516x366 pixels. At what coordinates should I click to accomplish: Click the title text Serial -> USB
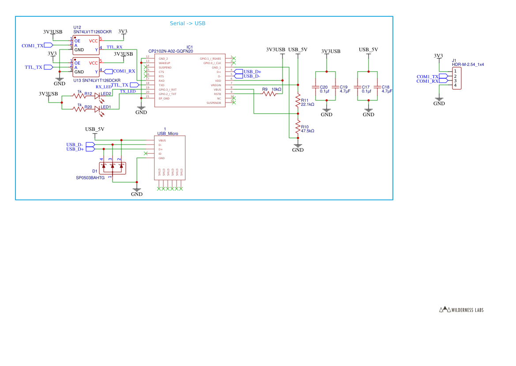[x=188, y=23]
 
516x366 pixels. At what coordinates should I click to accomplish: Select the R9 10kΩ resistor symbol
[x=269, y=93]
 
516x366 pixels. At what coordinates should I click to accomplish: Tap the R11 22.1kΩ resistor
[x=298, y=101]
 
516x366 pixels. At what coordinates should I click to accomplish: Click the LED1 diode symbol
[x=98, y=109]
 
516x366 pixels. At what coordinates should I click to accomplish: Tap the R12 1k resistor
[x=79, y=95]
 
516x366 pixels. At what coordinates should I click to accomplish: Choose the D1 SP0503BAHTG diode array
[x=112, y=168]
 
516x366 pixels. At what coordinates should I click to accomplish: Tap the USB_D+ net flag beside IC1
[x=238, y=72]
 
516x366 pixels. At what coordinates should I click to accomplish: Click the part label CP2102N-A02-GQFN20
[x=170, y=51]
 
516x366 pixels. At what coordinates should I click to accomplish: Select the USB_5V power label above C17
[x=368, y=50]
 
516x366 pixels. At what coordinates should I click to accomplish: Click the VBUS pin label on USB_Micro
[x=162, y=140]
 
